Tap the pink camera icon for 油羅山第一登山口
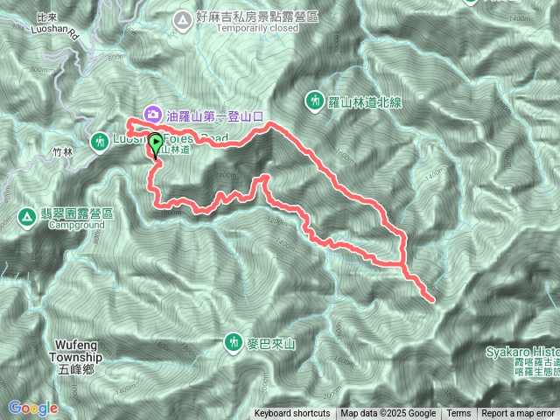coord(152,113)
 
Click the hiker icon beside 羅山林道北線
coord(316,101)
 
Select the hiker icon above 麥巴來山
coord(234,339)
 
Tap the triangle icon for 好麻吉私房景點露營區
coord(182,17)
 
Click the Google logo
coord(33,408)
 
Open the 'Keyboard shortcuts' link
coord(292,414)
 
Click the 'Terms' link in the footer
coord(458,414)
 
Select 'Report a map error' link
coord(519,414)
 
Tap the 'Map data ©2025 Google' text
coord(388,414)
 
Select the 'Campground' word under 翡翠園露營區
coord(75,225)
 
